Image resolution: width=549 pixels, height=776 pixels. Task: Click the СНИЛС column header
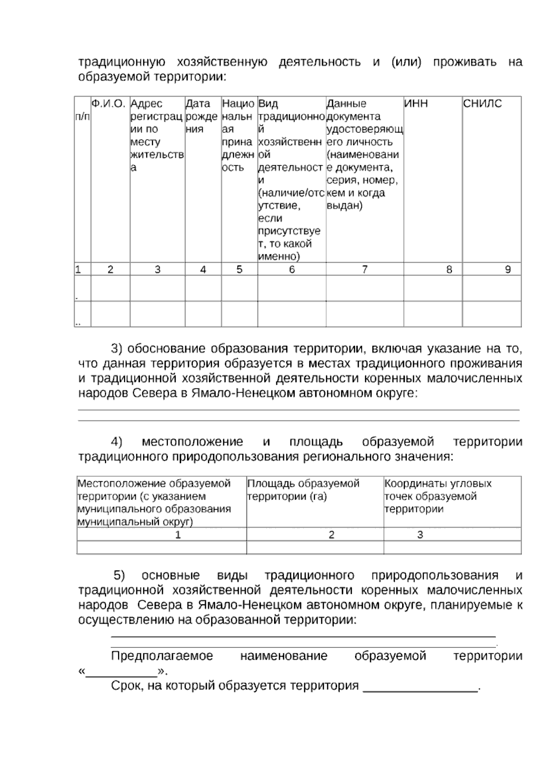click(x=482, y=104)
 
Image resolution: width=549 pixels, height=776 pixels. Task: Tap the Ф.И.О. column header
click(x=108, y=104)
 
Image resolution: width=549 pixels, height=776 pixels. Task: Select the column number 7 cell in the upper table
click(x=365, y=269)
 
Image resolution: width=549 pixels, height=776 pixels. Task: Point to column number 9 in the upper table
click(x=507, y=269)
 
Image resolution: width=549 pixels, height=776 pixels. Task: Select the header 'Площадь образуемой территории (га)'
click(x=303, y=490)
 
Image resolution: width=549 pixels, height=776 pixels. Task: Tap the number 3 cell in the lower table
click(x=420, y=534)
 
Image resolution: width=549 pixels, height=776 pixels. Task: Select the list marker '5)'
click(x=119, y=575)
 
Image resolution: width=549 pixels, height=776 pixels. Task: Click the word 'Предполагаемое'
click(x=162, y=656)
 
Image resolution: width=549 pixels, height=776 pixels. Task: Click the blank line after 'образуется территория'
click(x=420, y=686)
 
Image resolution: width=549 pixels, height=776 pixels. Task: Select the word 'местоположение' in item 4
click(x=192, y=442)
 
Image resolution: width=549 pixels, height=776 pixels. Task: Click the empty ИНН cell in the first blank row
click(x=432, y=288)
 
